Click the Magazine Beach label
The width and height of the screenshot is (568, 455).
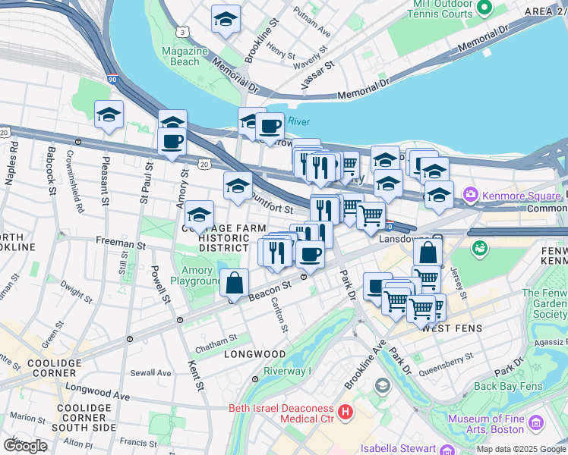[x=185, y=56]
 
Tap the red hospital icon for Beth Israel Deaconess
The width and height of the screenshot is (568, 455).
[x=346, y=413]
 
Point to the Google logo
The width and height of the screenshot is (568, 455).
[x=24, y=446]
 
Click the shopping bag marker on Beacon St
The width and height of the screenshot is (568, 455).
[x=235, y=284]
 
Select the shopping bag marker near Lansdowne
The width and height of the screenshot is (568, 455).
[x=428, y=253]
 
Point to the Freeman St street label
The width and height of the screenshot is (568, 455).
[x=120, y=245]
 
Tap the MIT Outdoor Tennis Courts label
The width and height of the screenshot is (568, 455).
[x=443, y=9]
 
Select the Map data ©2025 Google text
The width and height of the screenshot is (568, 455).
[x=520, y=449]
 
